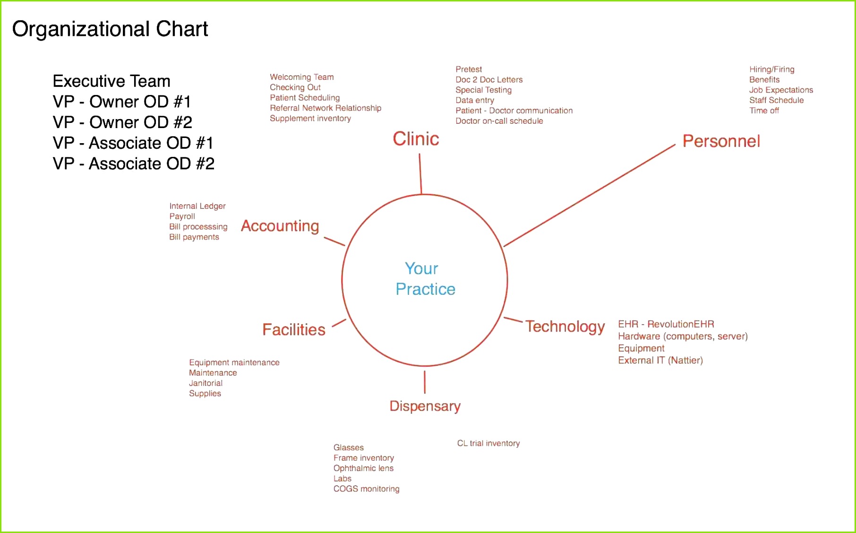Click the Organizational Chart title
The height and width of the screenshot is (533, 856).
tap(110, 29)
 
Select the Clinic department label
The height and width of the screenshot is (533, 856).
tap(416, 139)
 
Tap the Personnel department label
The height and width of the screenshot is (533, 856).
tap(721, 141)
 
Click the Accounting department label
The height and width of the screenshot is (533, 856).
tap(280, 226)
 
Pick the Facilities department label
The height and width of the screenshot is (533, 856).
tap(294, 329)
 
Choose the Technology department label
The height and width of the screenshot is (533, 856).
tap(565, 327)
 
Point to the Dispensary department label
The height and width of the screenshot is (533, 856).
tap(425, 406)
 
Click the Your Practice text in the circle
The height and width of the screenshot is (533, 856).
tap(425, 279)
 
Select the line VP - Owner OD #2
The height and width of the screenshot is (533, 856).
tap(122, 122)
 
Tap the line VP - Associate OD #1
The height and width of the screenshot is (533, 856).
tap(133, 143)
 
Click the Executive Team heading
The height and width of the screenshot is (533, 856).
tap(111, 81)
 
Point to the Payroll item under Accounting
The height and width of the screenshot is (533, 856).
tap(182, 216)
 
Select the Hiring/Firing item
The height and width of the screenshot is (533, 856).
tap(772, 69)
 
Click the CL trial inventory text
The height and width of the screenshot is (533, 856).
tap(488, 443)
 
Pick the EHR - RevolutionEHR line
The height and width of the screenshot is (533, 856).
tap(666, 324)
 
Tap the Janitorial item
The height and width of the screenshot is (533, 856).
tap(205, 383)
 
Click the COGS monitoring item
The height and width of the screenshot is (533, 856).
tap(367, 489)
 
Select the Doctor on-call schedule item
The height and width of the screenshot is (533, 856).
tap(499, 121)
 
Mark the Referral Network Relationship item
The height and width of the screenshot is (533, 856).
tap(325, 108)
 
